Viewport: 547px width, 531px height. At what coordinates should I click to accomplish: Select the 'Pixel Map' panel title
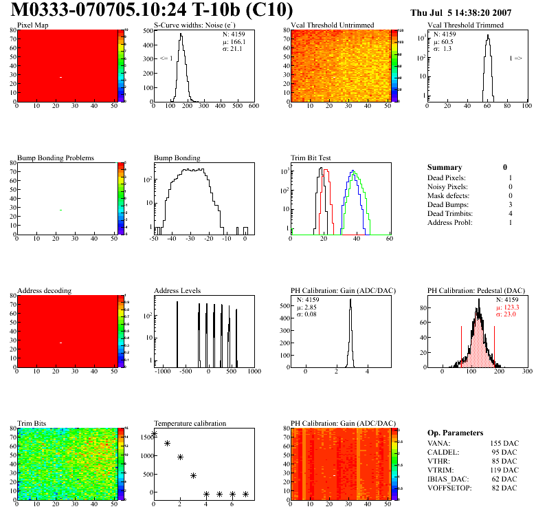[33, 25]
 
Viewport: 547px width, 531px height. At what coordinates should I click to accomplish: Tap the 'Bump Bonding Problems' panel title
[56, 158]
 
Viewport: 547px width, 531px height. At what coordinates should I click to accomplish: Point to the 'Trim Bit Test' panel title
[311, 158]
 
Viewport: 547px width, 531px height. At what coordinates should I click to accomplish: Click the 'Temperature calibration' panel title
[190, 423]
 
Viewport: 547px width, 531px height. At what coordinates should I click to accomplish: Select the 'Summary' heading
[445, 167]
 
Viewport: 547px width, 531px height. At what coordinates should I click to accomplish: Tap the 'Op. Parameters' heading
[455, 433]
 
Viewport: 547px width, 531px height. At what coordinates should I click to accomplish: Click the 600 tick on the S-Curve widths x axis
[254, 107]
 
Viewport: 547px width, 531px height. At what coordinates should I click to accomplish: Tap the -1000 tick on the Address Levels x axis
[163, 371]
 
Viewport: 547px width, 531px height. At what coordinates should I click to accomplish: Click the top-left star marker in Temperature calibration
[154, 434]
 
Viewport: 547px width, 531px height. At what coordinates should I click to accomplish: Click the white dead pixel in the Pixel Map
[60, 77]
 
